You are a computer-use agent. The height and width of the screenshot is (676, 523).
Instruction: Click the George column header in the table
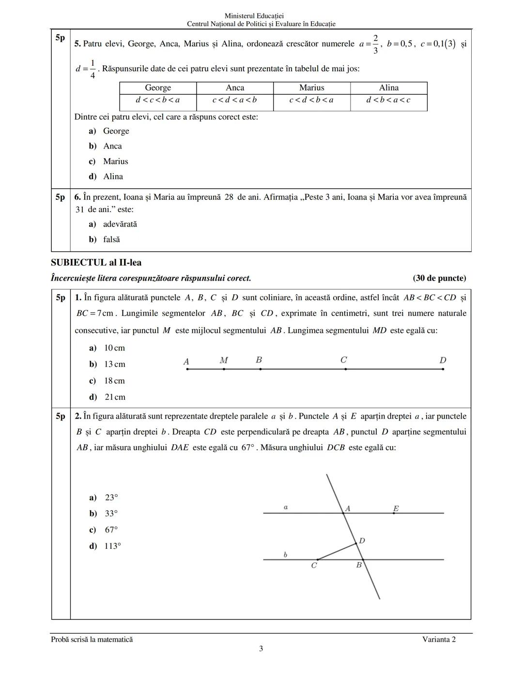point(158,88)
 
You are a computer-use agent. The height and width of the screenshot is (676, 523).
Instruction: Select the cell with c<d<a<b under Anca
point(235,100)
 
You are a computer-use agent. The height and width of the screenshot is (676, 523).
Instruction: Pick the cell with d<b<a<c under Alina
point(388,100)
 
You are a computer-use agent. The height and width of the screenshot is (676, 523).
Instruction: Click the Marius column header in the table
point(312,88)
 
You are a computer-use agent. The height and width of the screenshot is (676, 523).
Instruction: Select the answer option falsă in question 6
point(111,240)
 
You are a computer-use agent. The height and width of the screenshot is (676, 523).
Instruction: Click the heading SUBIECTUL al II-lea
point(96,263)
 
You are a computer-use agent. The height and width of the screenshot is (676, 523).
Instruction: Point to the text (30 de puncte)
point(439,278)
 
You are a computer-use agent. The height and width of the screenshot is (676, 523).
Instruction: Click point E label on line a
point(396,509)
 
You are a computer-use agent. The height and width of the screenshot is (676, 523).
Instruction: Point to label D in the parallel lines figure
point(362,541)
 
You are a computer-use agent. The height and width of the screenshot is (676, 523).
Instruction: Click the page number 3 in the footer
point(261,649)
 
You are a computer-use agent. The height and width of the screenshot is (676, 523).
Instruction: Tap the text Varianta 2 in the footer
point(439,640)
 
